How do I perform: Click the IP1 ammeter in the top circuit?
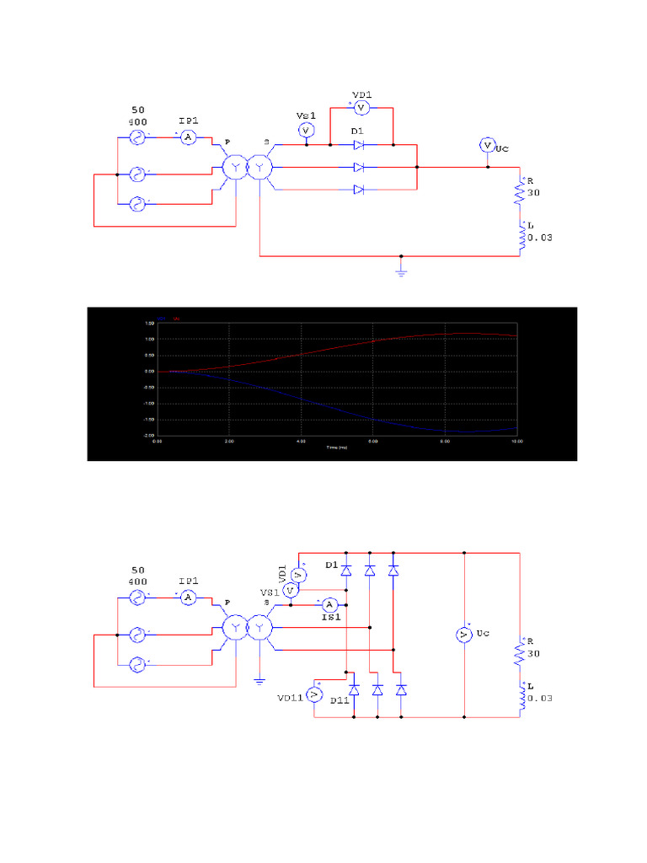click(190, 137)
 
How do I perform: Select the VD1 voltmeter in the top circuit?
click(361, 108)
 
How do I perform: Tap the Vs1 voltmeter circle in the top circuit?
click(307, 131)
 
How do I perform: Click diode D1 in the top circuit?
click(359, 145)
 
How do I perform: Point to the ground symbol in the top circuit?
click(401, 272)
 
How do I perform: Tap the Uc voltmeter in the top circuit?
click(486, 146)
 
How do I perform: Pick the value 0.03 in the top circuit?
click(539, 238)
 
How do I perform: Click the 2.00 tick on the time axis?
click(229, 441)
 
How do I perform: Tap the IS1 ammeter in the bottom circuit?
click(330, 604)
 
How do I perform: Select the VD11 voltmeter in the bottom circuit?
click(313, 694)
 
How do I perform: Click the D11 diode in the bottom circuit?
click(354, 689)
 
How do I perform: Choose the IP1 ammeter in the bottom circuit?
click(190, 597)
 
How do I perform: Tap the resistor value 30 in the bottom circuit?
click(532, 653)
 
